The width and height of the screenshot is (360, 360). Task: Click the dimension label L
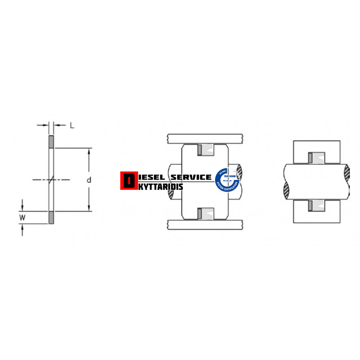click(72, 125)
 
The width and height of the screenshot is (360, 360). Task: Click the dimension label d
click(89, 180)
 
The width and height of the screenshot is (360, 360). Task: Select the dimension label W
click(22, 218)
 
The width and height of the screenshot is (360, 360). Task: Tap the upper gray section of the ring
click(51, 142)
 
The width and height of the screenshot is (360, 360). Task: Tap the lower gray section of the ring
click(51, 217)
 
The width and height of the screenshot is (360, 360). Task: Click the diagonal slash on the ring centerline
click(51, 180)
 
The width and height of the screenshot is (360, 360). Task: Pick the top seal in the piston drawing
click(207, 149)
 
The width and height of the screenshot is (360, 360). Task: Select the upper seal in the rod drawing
click(317, 157)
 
